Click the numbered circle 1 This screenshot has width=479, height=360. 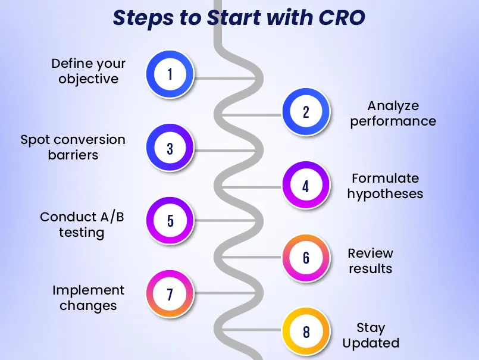point(170,74)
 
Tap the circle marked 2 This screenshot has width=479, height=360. point(306,112)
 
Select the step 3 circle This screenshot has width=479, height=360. point(170,148)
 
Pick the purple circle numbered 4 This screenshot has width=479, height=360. point(306,186)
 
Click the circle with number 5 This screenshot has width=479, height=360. point(170,221)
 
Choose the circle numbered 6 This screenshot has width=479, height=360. point(306,258)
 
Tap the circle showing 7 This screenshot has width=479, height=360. point(170,294)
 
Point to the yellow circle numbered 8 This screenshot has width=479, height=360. point(306,331)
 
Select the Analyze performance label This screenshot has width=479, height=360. point(393,113)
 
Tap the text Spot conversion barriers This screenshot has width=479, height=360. point(73,147)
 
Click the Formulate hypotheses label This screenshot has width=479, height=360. point(385,186)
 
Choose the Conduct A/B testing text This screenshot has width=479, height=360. point(82,224)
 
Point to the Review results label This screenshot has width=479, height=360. point(370,260)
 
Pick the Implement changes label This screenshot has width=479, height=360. point(88,298)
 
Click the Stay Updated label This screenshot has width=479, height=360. point(371,335)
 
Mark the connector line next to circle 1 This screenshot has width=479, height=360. point(226,78)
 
